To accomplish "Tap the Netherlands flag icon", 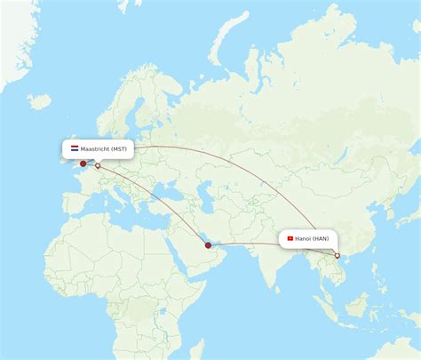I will (x=75, y=149).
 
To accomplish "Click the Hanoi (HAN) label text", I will (x=311, y=239).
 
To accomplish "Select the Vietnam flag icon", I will (x=289, y=239).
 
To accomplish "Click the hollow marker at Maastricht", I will (x=98, y=165).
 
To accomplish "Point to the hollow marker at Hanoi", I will (x=337, y=256).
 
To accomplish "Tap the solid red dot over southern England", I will (x=83, y=164).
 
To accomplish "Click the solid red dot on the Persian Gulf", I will (x=208, y=245).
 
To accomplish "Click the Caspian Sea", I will (x=202, y=191).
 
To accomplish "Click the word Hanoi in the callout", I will (x=304, y=239).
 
